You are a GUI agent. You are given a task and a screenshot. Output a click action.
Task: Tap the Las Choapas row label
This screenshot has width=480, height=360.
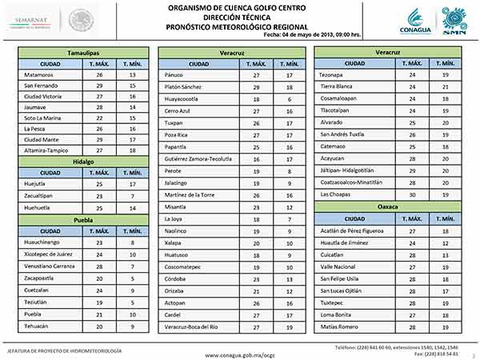click(x=337, y=194)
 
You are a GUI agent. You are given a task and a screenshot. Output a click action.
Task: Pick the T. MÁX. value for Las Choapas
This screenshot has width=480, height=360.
click(x=412, y=194)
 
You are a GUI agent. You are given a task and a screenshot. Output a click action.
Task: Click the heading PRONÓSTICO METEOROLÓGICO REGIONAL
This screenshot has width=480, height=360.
click(x=240, y=25)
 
